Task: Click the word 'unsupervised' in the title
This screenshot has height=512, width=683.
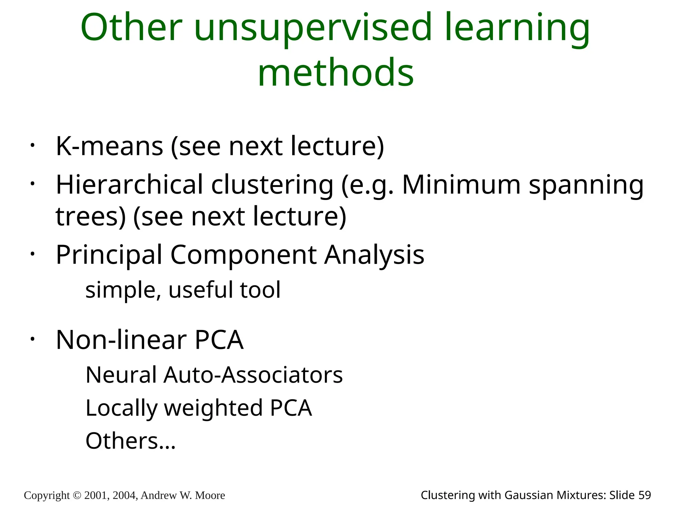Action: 313,28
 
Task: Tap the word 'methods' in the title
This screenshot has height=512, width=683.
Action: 336,72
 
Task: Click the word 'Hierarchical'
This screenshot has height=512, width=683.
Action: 129,185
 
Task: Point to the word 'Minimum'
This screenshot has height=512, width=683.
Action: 461,185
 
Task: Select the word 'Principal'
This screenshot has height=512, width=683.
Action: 109,255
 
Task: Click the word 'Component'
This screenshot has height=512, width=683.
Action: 243,255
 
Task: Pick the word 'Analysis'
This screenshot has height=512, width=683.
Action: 374,255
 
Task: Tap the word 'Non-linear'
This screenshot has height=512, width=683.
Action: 121,340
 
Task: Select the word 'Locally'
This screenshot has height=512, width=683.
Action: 121,408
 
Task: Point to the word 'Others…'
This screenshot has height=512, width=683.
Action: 130,441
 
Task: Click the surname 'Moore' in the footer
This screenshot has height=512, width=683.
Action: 210,495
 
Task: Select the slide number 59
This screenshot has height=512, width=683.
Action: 644,495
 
